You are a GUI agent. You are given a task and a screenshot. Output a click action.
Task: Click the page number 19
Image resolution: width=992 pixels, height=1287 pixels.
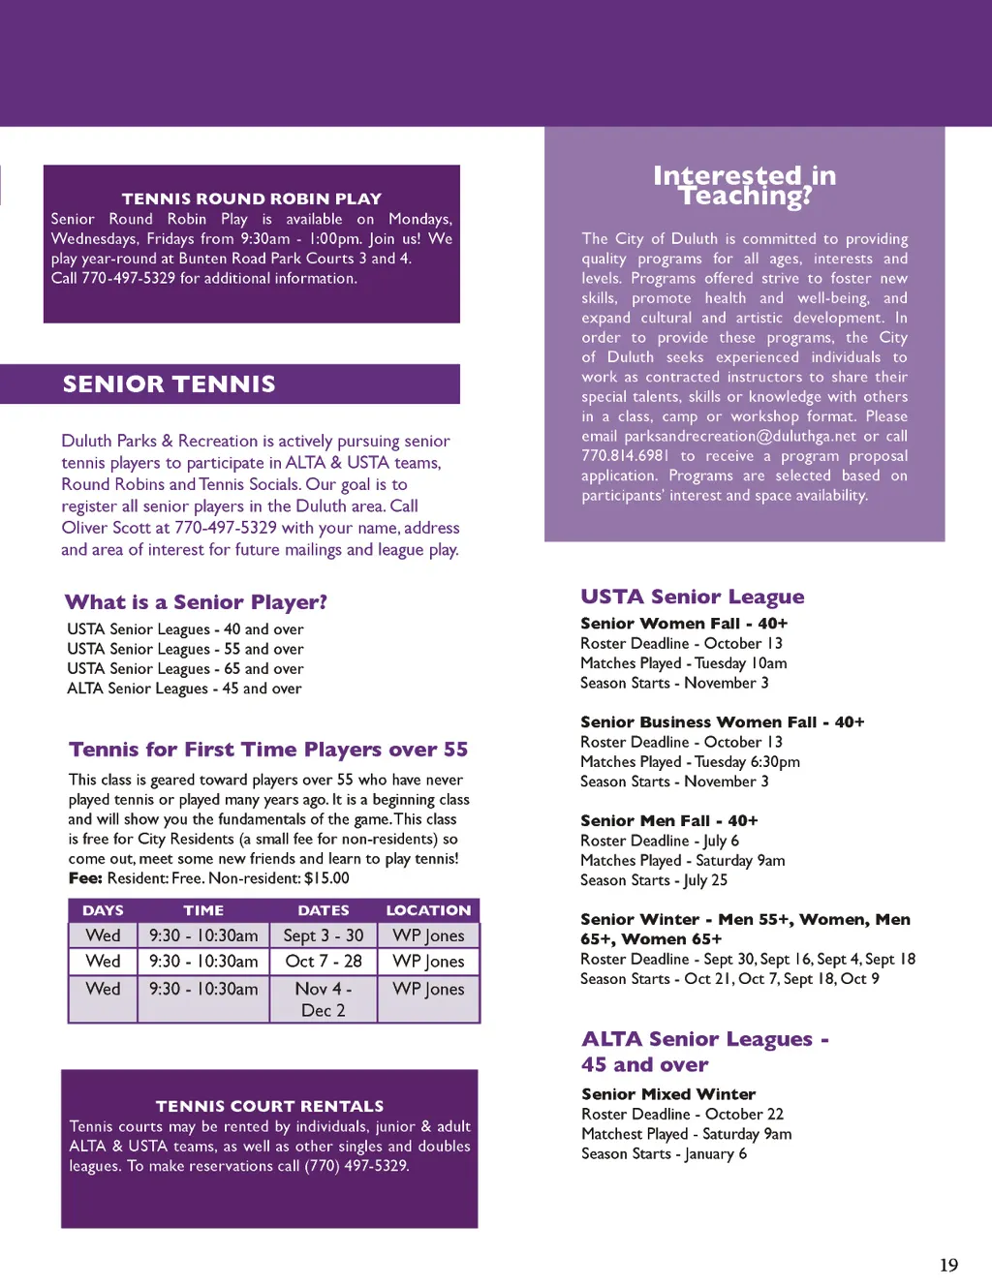pos(948,1265)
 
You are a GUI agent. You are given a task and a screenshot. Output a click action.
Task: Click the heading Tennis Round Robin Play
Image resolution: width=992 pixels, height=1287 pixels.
pos(252,199)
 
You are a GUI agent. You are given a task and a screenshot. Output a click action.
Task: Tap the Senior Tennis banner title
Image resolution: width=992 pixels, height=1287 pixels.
pos(170,384)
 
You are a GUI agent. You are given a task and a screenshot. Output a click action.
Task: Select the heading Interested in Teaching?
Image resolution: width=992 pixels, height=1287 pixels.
pos(744,186)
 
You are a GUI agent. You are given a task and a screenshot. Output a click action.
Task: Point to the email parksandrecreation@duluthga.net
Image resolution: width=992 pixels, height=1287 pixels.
pos(740,437)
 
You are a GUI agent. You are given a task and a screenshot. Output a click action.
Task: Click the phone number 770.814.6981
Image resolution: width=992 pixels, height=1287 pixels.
pos(625,456)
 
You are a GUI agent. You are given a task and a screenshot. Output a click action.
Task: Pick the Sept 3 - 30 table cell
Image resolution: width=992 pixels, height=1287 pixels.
pos(324,935)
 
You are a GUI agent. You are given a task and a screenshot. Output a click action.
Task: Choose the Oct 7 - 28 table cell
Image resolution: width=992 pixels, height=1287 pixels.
pos(324,962)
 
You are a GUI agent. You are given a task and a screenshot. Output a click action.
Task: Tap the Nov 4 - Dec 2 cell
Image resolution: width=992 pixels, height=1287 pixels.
pos(324,999)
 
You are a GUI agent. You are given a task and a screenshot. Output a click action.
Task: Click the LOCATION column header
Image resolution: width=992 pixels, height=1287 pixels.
pos(428,910)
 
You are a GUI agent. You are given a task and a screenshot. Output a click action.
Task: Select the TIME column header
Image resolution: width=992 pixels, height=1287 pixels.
pos(203,910)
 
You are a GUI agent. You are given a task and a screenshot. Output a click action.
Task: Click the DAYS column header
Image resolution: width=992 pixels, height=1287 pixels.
pos(103,910)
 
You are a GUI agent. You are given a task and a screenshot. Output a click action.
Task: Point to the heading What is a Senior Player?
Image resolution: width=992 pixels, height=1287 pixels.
pos(196,602)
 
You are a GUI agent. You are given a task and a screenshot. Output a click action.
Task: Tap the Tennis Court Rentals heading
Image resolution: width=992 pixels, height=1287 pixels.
pos(269,1106)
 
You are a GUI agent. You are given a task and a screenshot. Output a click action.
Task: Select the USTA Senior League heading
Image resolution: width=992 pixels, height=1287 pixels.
pos(693,597)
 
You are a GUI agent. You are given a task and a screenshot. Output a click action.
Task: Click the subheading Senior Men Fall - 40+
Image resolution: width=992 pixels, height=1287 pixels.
pos(668,821)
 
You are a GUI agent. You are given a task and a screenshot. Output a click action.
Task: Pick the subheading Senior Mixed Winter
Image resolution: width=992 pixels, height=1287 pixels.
pos(668,1094)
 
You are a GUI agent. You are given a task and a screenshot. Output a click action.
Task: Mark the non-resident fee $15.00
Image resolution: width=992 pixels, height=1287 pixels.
pos(326,878)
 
